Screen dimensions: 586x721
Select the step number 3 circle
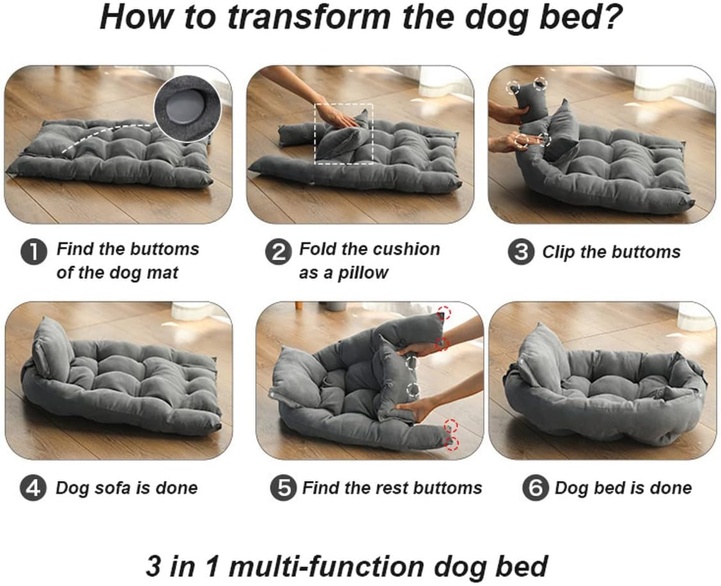521,252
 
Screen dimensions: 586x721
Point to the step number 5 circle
283,489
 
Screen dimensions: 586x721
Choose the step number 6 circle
535,489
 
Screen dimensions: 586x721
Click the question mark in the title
608,18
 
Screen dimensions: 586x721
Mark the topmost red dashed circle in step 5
444,313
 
